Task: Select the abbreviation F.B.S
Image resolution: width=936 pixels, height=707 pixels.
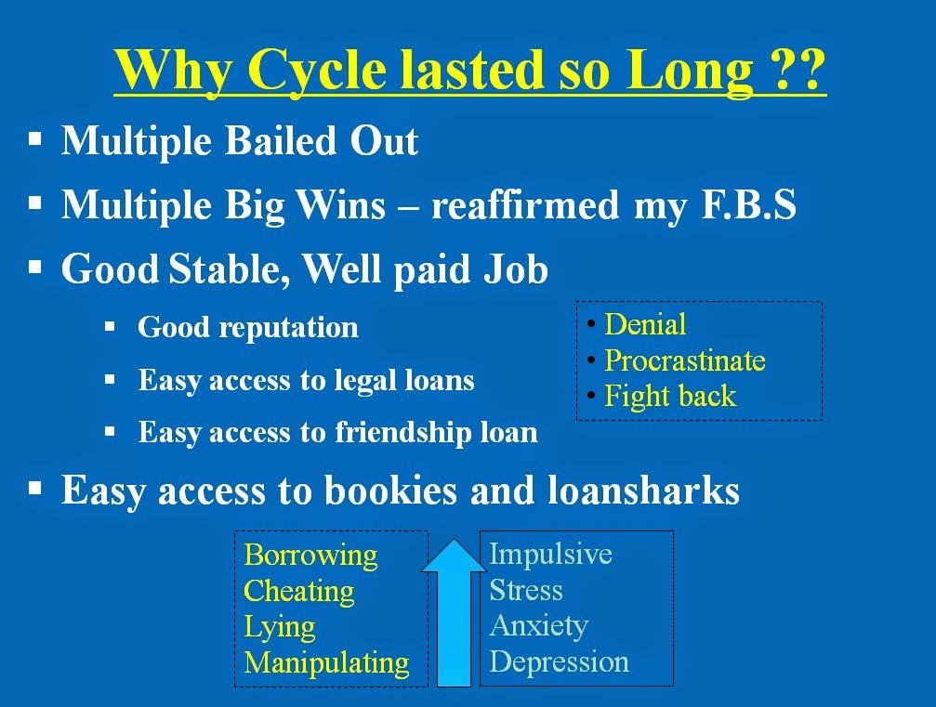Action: point(748,204)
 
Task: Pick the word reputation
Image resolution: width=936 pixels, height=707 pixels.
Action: point(289,328)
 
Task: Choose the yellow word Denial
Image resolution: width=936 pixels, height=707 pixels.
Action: point(645,324)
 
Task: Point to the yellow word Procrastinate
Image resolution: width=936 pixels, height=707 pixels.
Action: point(685,360)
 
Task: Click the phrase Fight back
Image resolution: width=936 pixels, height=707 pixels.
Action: point(670,396)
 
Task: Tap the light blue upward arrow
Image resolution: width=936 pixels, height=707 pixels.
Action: point(455,613)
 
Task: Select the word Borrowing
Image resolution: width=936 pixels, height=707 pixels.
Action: point(310,556)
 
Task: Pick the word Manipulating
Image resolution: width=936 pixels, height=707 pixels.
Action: point(326,662)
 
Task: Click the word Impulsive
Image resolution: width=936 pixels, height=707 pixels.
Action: point(550,555)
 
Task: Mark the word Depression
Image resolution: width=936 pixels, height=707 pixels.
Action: point(559,661)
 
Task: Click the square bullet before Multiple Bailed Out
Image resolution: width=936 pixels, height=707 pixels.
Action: point(35,139)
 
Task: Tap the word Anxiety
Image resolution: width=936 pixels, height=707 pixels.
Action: point(538,626)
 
